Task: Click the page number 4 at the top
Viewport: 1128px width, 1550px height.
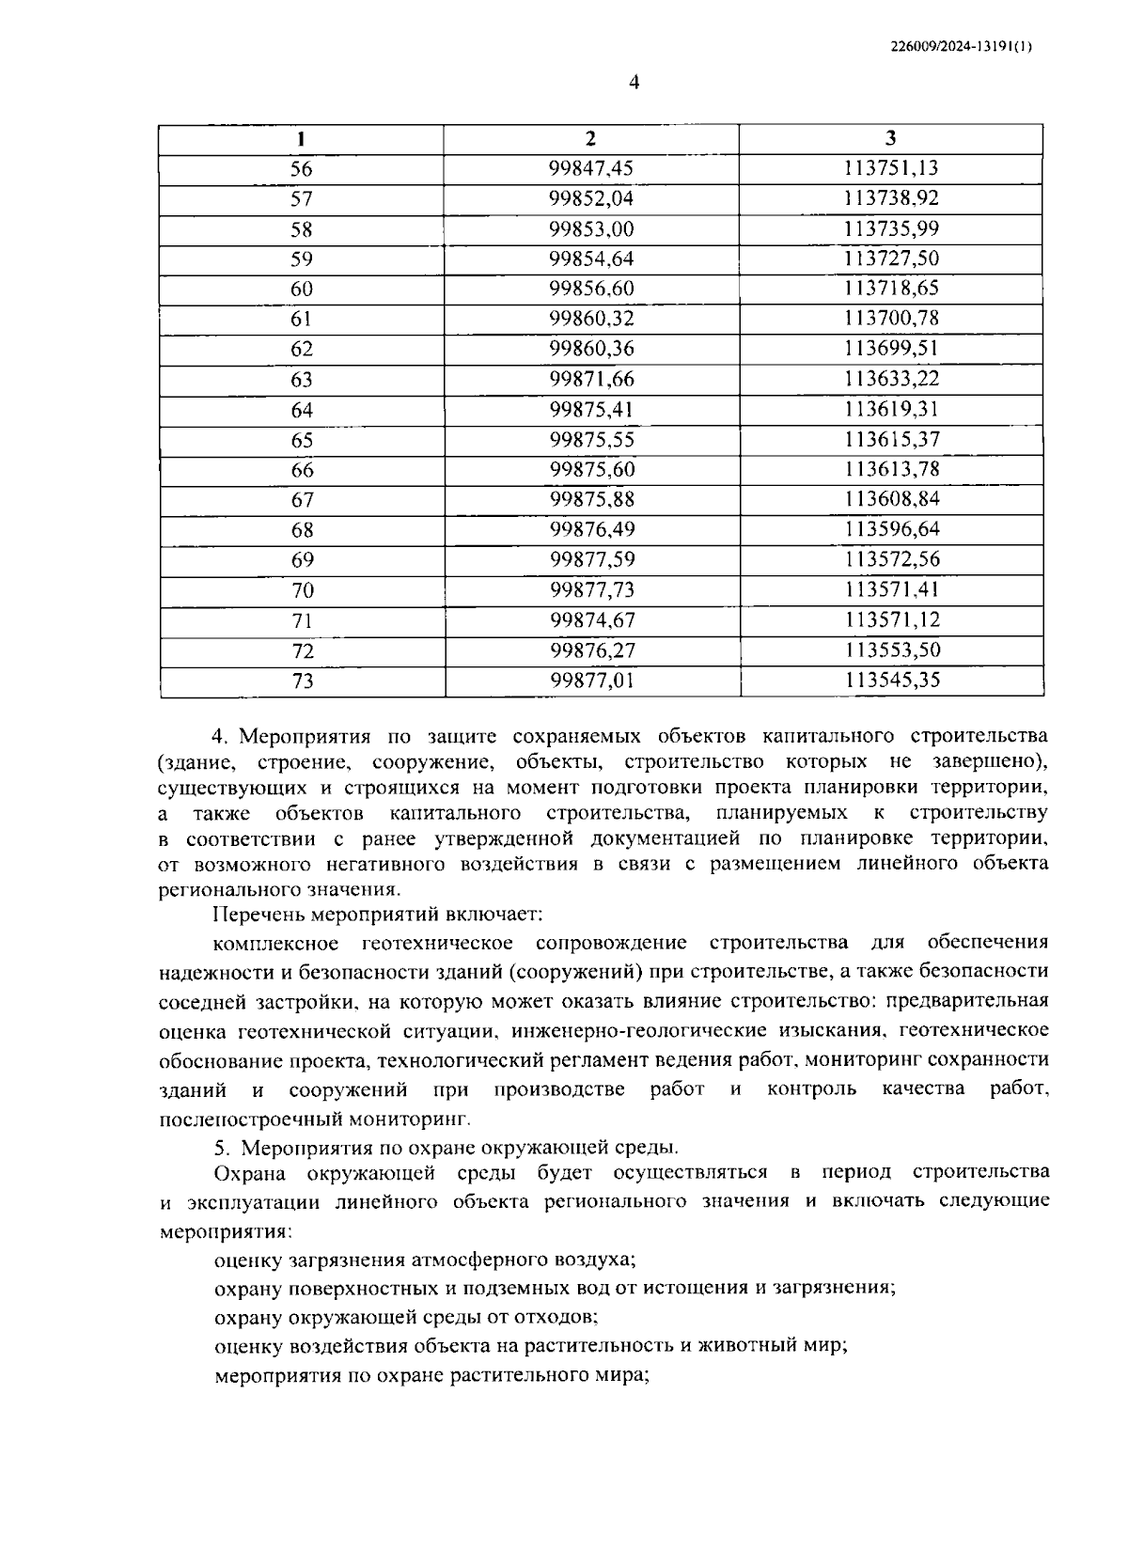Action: pyautogui.click(x=633, y=84)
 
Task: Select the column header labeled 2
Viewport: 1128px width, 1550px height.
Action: pyautogui.click(x=590, y=139)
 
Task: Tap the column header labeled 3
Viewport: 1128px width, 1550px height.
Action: pyautogui.click(x=890, y=139)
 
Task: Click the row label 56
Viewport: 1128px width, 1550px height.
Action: pyautogui.click(x=301, y=169)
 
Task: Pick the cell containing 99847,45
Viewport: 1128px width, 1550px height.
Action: pyautogui.click(x=591, y=169)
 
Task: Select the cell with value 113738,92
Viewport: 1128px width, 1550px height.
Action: pyautogui.click(x=891, y=199)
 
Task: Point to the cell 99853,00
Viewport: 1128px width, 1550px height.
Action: pyautogui.click(x=591, y=229)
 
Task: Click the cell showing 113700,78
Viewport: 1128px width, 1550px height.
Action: pyautogui.click(x=891, y=319)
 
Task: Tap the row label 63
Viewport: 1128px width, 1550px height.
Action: pyautogui.click(x=301, y=380)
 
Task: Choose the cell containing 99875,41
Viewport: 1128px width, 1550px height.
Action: pyautogui.click(x=591, y=410)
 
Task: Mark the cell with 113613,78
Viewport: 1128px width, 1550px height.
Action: pyautogui.click(x=891, y=469)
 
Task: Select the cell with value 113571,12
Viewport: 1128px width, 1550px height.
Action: pyautogui.click(x=891, y=620)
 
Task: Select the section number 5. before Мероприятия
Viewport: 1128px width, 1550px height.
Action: pyautogui.click(x=223, y=1148)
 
